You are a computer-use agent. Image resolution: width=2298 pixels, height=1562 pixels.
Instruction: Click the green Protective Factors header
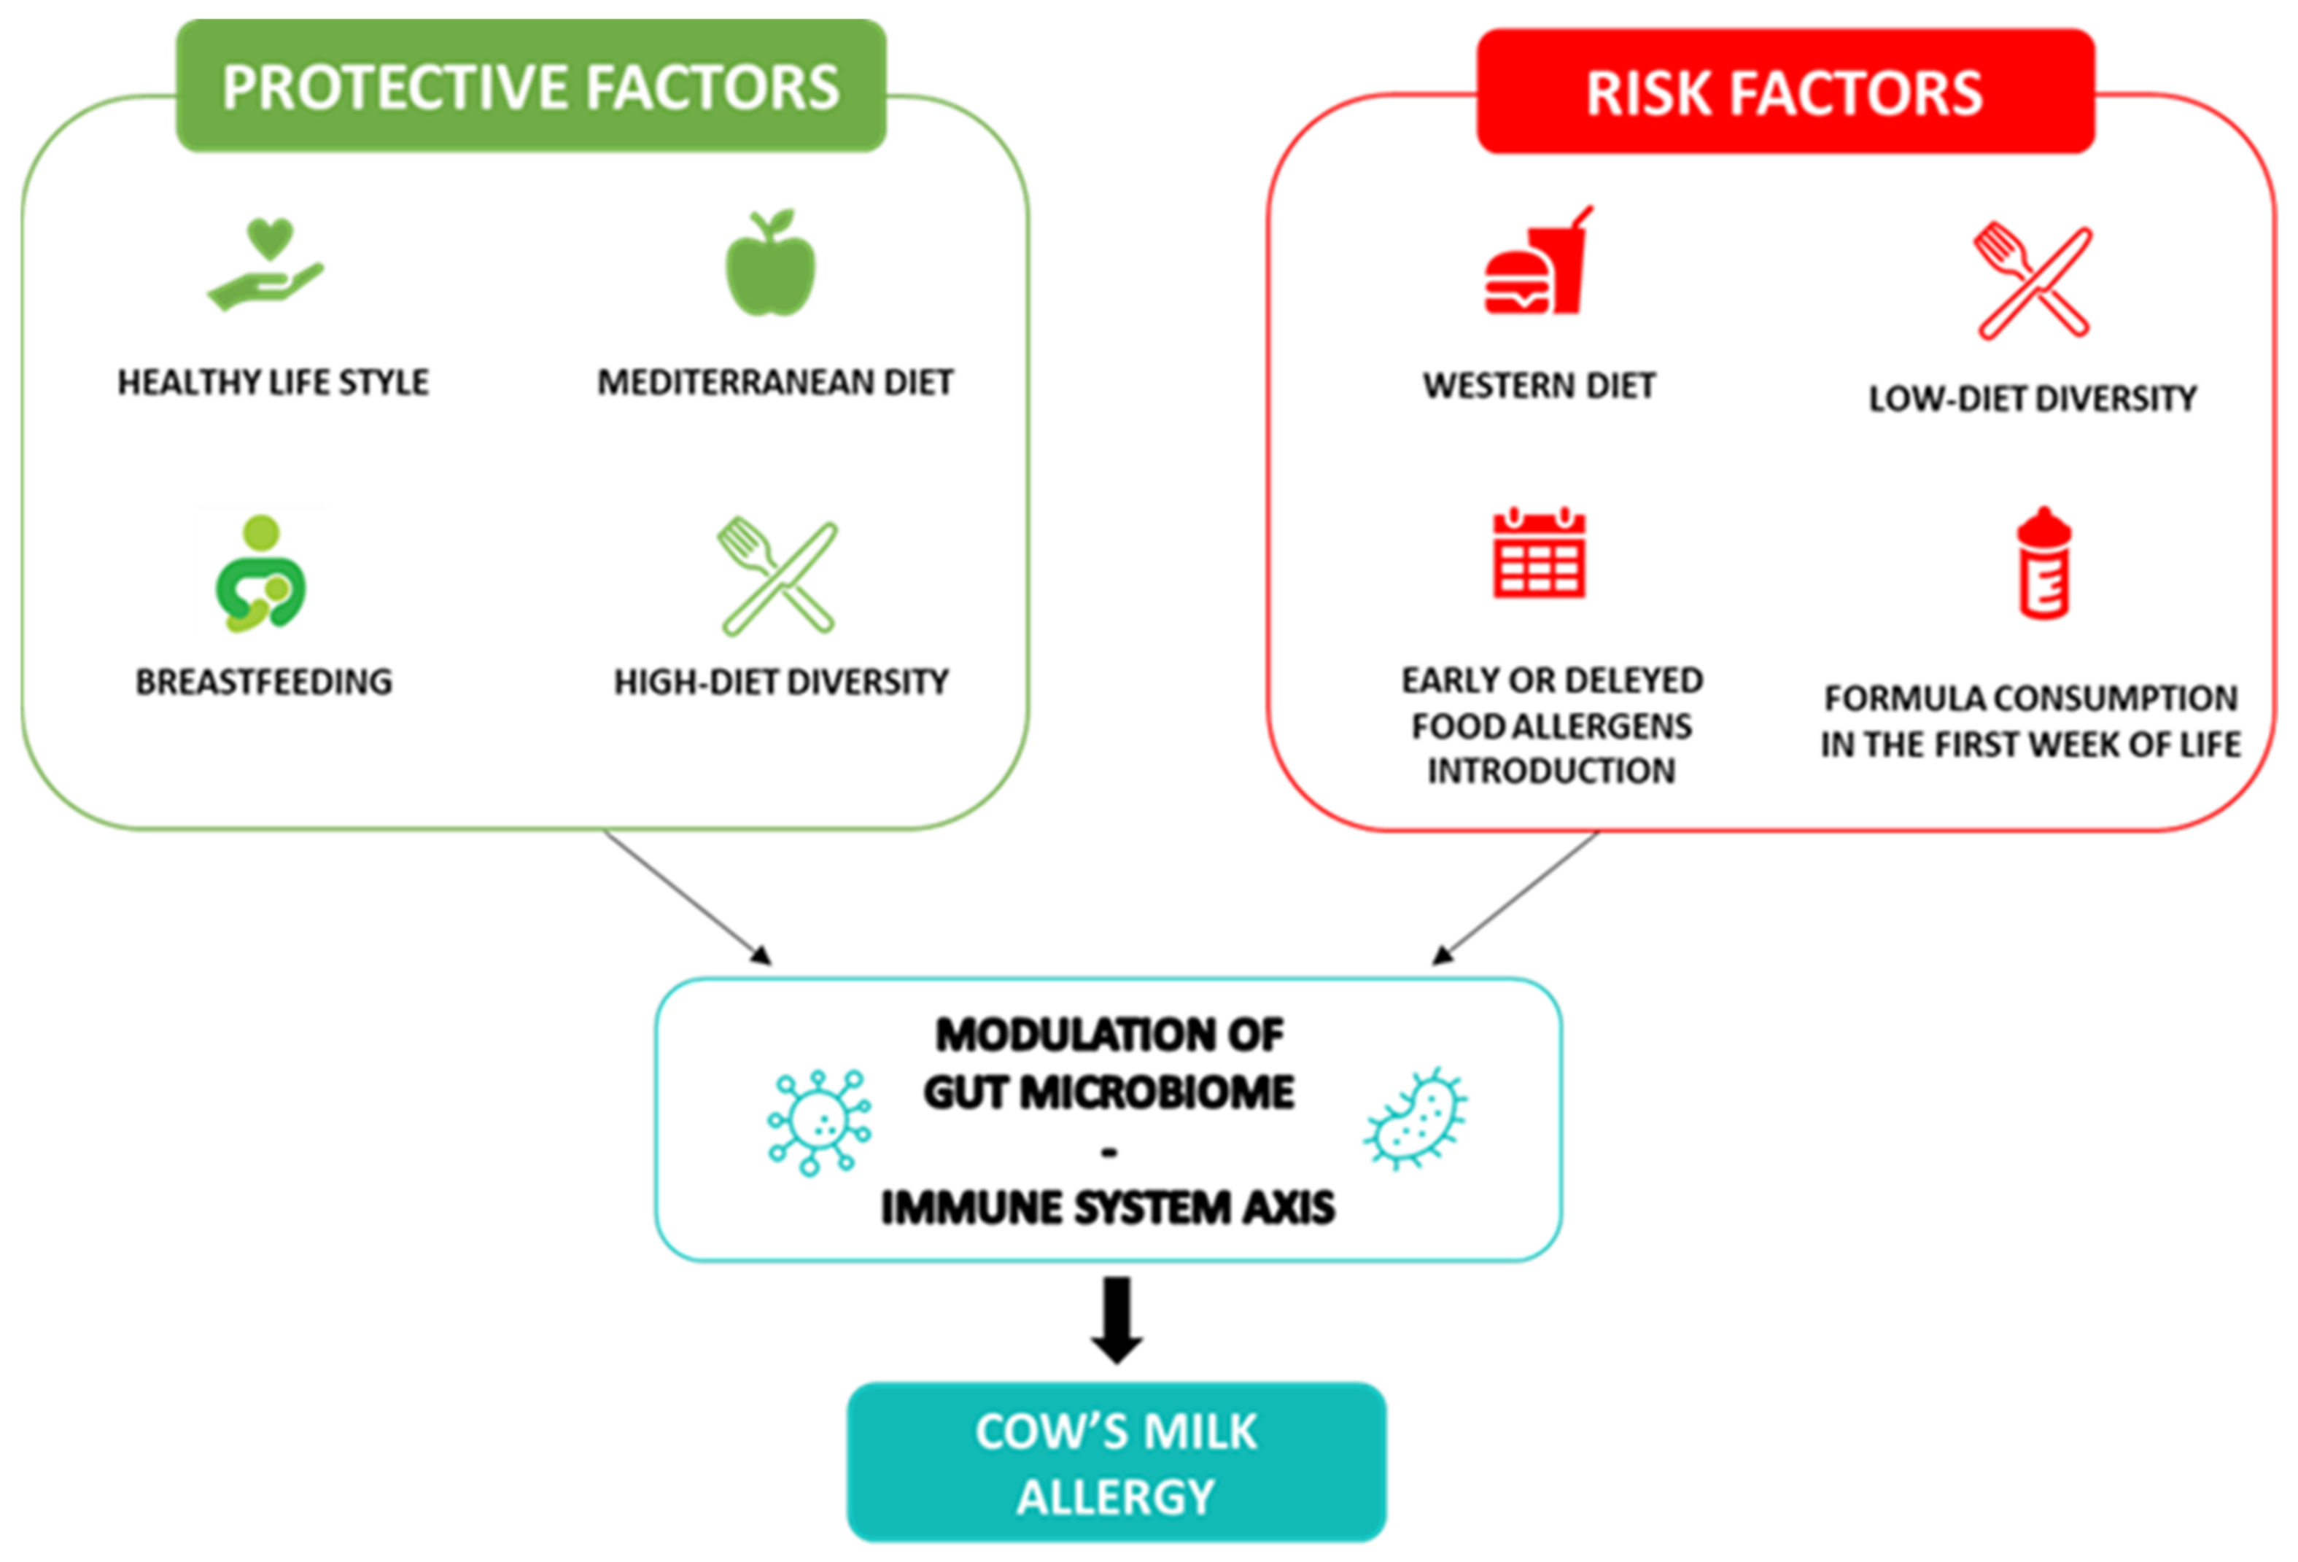tap(531, 86)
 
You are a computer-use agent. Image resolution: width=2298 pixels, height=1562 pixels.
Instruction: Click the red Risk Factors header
tap(1785, 92)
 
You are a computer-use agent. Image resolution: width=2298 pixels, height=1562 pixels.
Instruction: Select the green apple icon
tap(770, 264)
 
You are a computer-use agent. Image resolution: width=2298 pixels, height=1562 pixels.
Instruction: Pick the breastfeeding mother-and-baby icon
tap(261, 573)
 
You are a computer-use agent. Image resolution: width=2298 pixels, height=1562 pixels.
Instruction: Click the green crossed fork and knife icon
tap(778, 576)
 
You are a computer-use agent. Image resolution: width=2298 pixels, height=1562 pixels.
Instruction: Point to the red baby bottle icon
tap(2043, 564)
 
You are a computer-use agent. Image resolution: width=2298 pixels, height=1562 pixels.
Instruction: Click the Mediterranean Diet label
tap(775, 383)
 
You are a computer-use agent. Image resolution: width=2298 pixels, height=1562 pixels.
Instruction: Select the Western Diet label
tap(1539, 386)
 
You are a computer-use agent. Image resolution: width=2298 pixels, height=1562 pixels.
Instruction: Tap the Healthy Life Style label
tap(273, 383)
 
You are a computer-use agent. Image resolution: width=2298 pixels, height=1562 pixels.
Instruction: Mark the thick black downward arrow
tap(1117, 1320)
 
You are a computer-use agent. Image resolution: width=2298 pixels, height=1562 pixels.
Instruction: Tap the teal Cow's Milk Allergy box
tap(1117, 1462)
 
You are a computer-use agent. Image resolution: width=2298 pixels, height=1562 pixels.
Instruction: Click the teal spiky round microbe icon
tap(819, 1121)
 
